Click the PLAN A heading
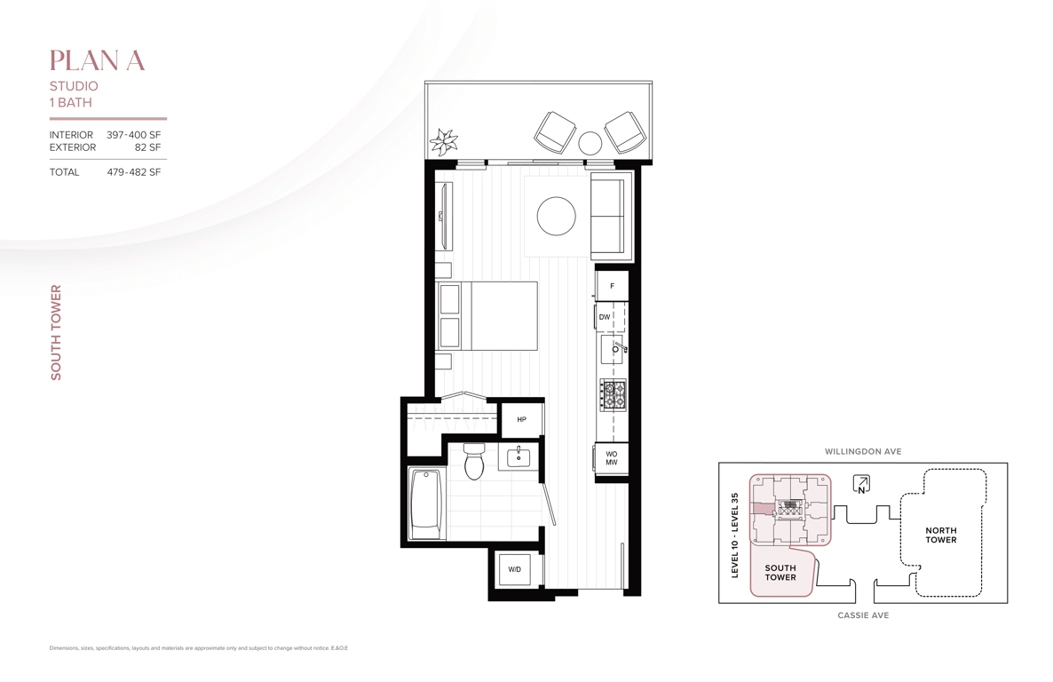coord(98,60)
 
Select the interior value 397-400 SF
coord(134,135)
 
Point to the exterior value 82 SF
coord(147,147)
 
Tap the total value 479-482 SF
coord(134,172)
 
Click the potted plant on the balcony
coord(444,142)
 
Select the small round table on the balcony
coord(590,143)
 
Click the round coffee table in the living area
coord(556,216)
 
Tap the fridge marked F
coord(612,286)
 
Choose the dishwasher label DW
coord(605,317)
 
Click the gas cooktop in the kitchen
coord(613,395)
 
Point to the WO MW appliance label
coord(611,458)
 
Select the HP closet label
coord(522,419)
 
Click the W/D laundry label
coord(514,570)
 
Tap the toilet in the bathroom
coord(474,462)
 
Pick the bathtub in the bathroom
coord(426,504)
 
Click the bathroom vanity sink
coord(519,457)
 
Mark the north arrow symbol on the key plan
coord(861,484)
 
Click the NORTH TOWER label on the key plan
coord(941,535)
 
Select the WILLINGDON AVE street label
coord(863,451)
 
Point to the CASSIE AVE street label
coord(863,615)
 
